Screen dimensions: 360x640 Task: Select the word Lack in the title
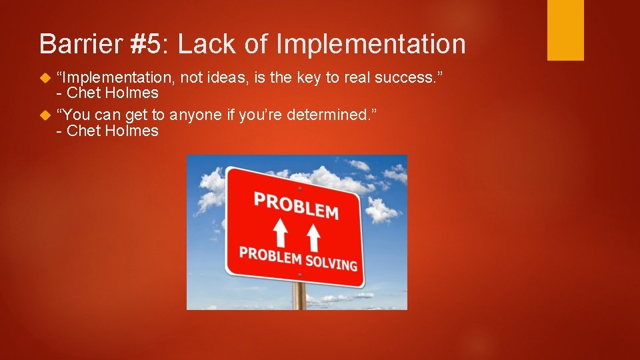[205, 44]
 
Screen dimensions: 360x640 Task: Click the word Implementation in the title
[370, 44]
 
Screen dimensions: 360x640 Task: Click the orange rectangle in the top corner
[565, 30]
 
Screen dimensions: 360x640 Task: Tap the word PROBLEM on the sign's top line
[296, 205]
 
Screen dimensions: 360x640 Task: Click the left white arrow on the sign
[281, 233]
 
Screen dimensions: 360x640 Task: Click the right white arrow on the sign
[313, 237]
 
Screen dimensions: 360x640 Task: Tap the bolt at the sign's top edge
[299, 189]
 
